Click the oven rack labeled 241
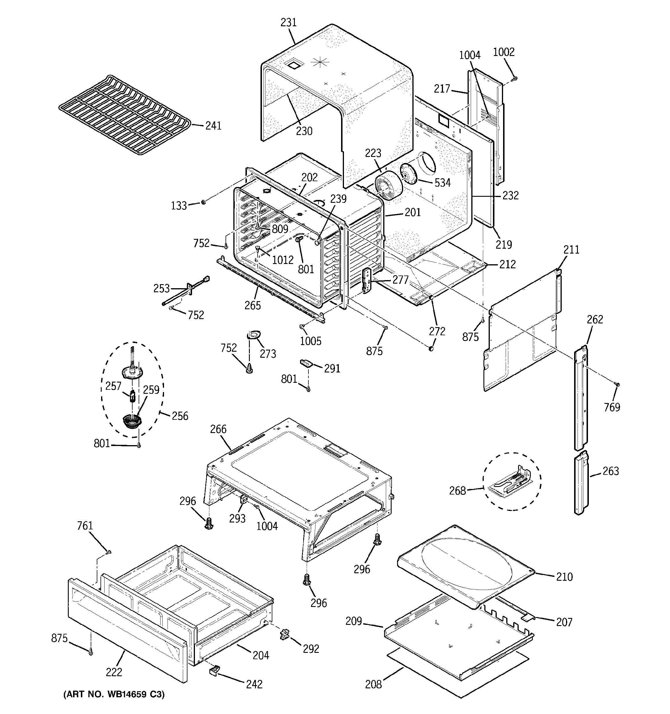(124, 115)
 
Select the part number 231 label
(289, 23)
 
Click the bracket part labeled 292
(285, 635)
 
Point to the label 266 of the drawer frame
(218, 429)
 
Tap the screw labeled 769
(618, 384)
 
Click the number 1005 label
(310, 341)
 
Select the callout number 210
(564, 577)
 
